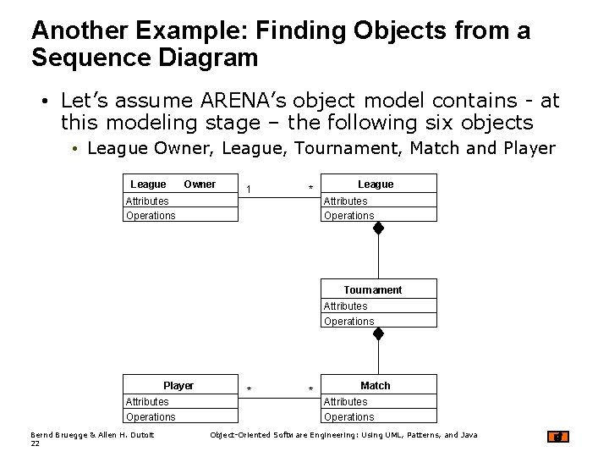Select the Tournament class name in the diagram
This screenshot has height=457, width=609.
tap(372, 290)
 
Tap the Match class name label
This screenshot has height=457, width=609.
tap(375, 386)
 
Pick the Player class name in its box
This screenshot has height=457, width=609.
tap(178, 386)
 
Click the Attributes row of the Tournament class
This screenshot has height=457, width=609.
tap(345, 306)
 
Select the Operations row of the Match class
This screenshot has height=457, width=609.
tap(348, 417)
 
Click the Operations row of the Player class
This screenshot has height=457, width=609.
tap(151, 417)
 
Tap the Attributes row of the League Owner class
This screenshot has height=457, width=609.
tap(147, 201)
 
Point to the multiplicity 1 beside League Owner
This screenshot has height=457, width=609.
tap(248, 189)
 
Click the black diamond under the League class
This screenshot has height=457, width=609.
tap(379, 228)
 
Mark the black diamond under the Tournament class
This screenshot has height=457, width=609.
tap(379, 334)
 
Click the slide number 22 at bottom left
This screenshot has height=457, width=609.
tap(35, 443)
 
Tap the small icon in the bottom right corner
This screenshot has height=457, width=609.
tap(559, 437)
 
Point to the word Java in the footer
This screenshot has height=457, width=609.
tap(469, 435)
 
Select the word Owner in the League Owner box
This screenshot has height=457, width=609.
tap(200, 184)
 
